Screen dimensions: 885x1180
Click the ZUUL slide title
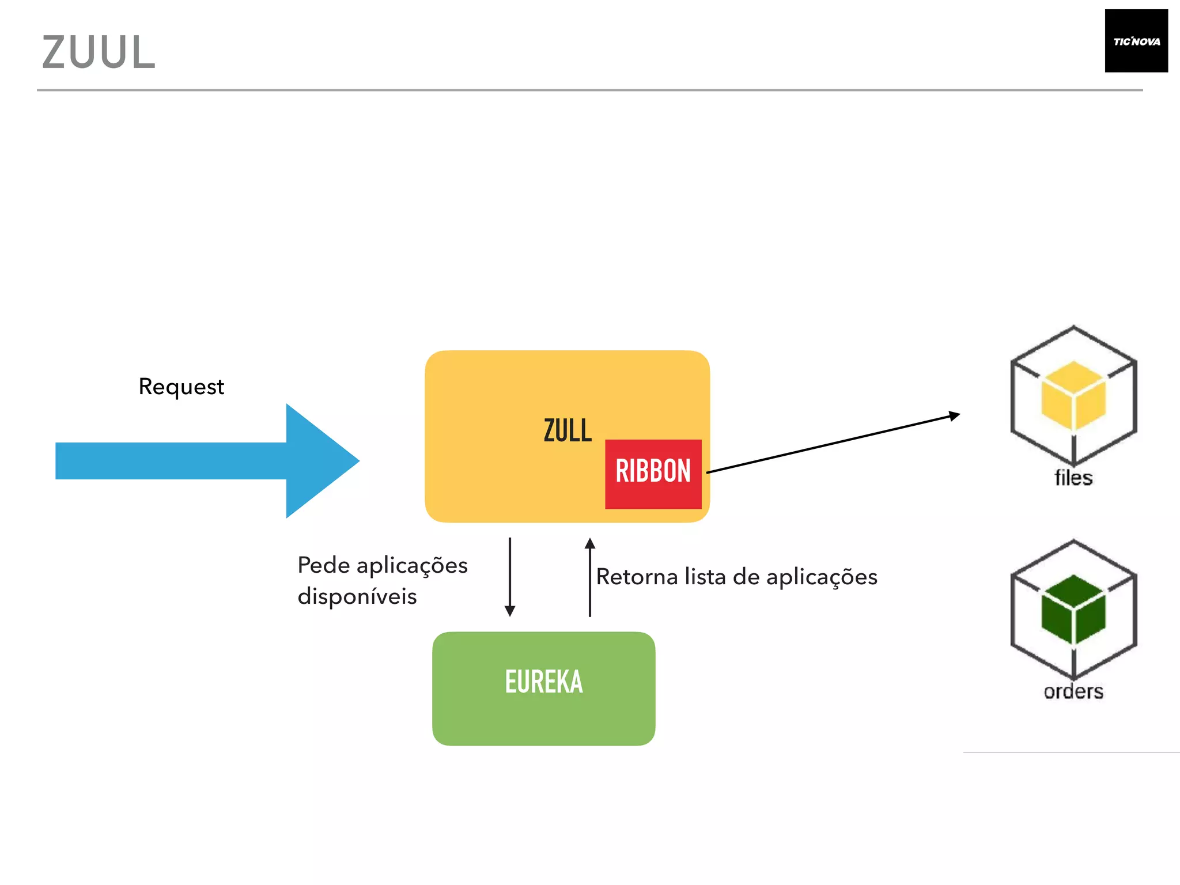point(99,52)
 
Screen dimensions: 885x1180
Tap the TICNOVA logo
point(1136,41)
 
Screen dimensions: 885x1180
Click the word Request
point(181,387)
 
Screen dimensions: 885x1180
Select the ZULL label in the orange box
point(568,431)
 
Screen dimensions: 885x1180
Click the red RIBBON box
point(653,474)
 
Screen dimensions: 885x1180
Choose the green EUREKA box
point(543,688)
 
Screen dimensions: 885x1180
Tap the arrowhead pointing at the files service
point(954,415)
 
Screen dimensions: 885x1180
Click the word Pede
point(323,565)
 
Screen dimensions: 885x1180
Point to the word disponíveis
point(357,596)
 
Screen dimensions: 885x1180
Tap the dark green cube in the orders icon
point(1073,609)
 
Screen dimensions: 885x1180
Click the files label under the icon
point(1073,478)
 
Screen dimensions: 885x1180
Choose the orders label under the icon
point(1073,691)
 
